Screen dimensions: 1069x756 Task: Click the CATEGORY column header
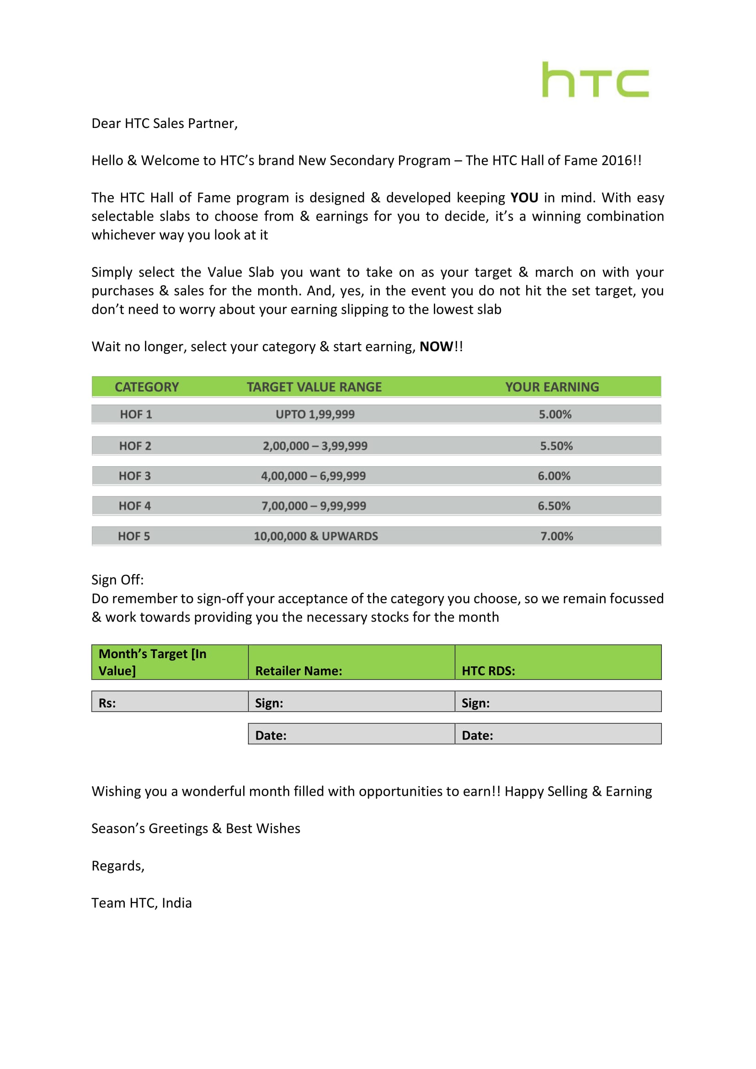click(147, 387)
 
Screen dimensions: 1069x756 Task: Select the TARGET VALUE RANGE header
click(314, 387)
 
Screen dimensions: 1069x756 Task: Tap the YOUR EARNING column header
click(552, 387)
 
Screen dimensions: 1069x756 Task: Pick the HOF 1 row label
click(136, 415)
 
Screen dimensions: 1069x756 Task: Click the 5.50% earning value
click(556, 446)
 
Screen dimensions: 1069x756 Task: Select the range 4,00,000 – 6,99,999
click(313, 476)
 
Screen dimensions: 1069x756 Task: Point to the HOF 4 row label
click(134, 506)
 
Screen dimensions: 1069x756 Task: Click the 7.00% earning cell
click(557, 537)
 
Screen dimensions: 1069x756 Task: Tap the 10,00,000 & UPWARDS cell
click(316, 537)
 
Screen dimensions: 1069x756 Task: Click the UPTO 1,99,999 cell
click(315, 415)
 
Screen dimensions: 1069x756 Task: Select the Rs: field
click(170, 702)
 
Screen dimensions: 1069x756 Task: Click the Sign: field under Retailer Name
click(351, 702)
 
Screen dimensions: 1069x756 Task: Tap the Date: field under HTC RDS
click(558, 734)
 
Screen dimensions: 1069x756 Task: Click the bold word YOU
click(524, 198)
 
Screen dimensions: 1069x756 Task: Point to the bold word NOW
click(436, 347)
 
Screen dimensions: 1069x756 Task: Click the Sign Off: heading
click(117, 580)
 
